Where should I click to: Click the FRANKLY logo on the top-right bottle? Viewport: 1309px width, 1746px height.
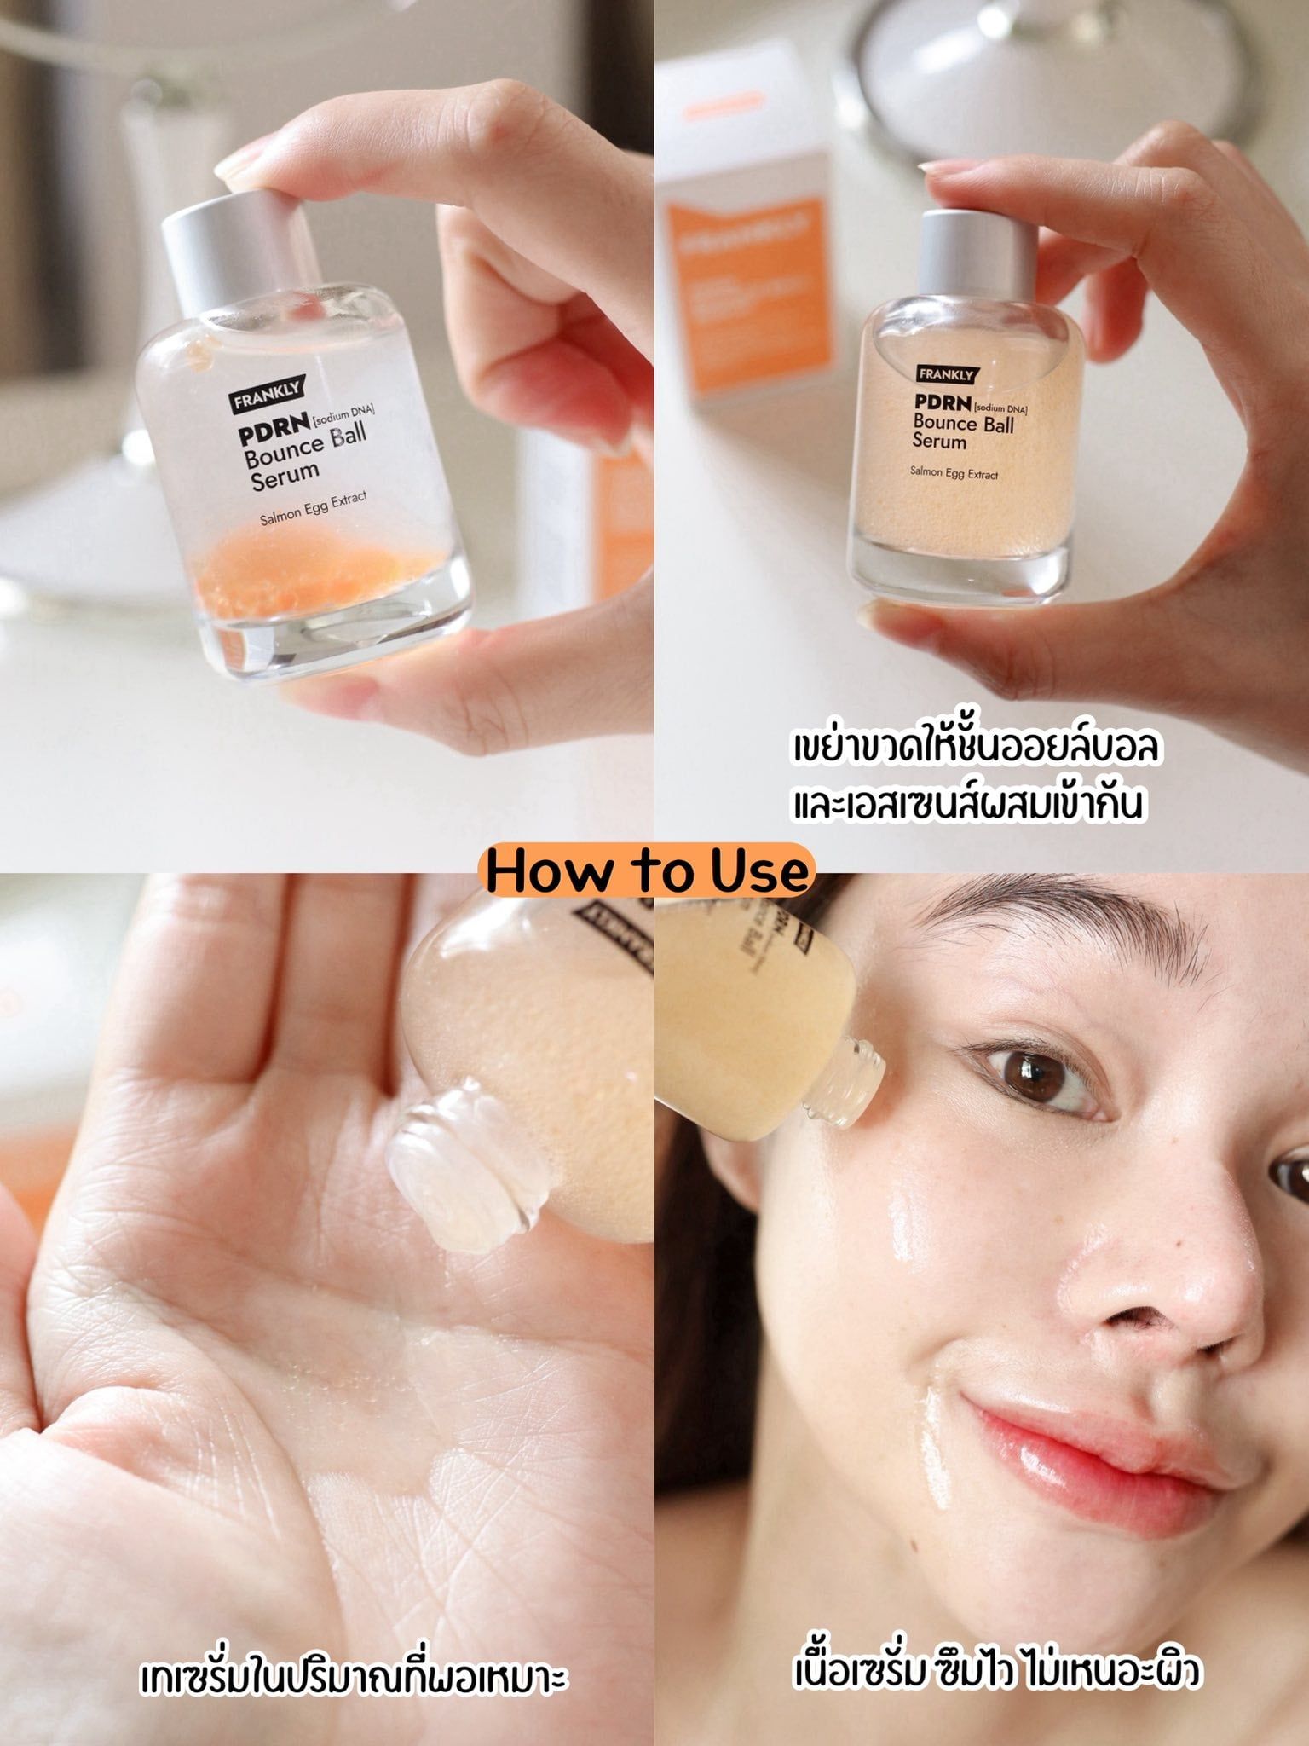[x=945, y=373]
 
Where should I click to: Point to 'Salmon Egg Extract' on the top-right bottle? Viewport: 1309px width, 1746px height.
[x=954, y=472]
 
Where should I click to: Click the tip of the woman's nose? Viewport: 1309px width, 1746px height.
[x=1193, y=1313]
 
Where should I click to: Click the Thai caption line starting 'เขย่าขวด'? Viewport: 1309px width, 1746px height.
[x=976, y=748]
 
